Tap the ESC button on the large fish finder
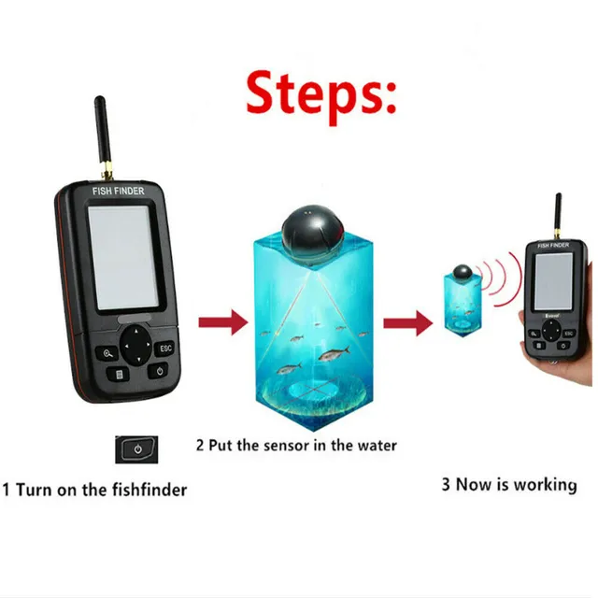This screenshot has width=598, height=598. pyautogui.click(x=165, y=348)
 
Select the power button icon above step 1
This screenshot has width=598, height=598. pyautogui.click(x=136, y=449)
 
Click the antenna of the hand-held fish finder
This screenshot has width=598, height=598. pyautogui.click(x=557, y=216)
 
